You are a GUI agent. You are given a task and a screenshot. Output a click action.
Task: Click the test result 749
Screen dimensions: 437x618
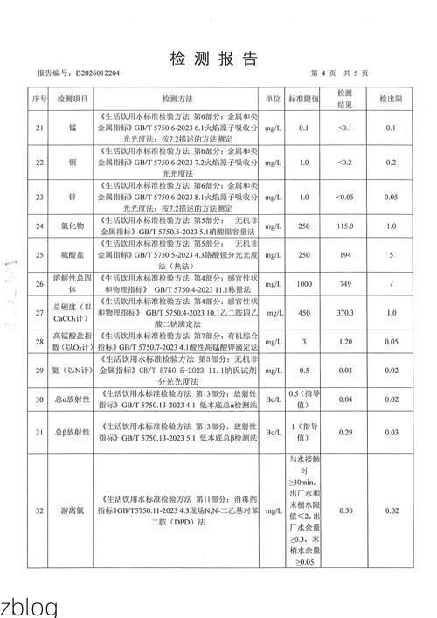coord(344,283)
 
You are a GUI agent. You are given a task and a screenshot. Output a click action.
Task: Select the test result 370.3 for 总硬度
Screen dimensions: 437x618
coord(344,313)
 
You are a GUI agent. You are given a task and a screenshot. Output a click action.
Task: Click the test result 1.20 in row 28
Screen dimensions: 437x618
coord(344,343)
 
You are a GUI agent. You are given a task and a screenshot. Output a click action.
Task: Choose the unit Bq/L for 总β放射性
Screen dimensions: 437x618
coord(274,433)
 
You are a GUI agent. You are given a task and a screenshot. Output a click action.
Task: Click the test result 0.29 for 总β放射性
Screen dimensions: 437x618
coord(344,433)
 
